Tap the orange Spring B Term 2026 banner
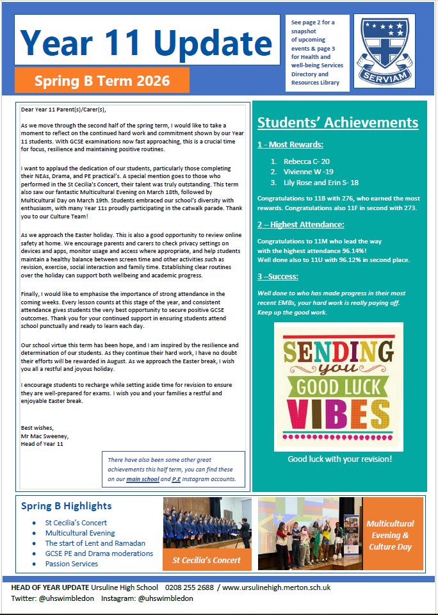click(102, 81)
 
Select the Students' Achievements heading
click(337, 122)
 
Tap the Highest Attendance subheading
click(300, 224)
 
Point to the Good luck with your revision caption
click(339, 459)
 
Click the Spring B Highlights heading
click(66, 506)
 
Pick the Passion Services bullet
click(71, 564)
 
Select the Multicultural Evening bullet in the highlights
click(80, 533)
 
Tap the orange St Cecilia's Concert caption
click(207, 560)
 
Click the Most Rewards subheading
click(289, 144)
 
